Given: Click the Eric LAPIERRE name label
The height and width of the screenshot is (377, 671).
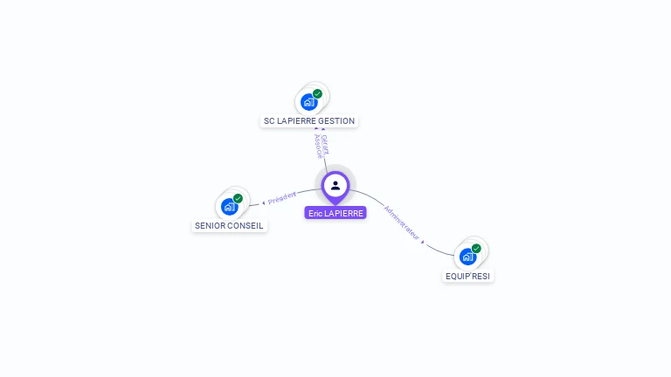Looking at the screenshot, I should [x=335, y=213].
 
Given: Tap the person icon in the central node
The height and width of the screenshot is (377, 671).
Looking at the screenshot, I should [x=335, y=185].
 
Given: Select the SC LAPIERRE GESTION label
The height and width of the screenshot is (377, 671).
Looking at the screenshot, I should [x=309, y=121].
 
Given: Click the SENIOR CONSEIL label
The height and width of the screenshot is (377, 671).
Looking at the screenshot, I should [x=229, y=226].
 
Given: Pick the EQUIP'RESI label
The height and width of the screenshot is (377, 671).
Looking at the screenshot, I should [x=468, y=276].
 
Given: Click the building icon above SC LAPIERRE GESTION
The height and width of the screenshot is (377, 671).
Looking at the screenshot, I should [x=308, y=102].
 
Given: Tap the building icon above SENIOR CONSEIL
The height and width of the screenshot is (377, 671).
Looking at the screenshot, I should [x=229, y=207].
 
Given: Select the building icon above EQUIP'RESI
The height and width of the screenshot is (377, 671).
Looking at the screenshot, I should [x=467, y=257].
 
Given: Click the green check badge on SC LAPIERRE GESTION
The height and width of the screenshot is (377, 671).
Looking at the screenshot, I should [x=317, y=93].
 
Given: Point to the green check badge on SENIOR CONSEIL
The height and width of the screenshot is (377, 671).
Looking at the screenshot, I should [x=238, y=198].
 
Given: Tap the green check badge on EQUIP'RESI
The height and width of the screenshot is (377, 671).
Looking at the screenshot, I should [x=476, y=248].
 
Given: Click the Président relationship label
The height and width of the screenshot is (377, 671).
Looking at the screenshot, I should [x=282, y=198].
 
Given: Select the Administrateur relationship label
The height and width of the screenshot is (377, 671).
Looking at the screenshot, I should [x=402, y=223].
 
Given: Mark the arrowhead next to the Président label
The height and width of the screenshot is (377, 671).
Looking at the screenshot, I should [x=263, y=203].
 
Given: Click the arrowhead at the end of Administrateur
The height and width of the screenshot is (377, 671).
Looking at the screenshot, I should [x=423, y=242].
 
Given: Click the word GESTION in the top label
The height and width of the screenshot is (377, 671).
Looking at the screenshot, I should [x=336, y=121].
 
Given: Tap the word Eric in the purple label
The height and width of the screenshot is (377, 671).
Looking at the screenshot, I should [x=315, y=213].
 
